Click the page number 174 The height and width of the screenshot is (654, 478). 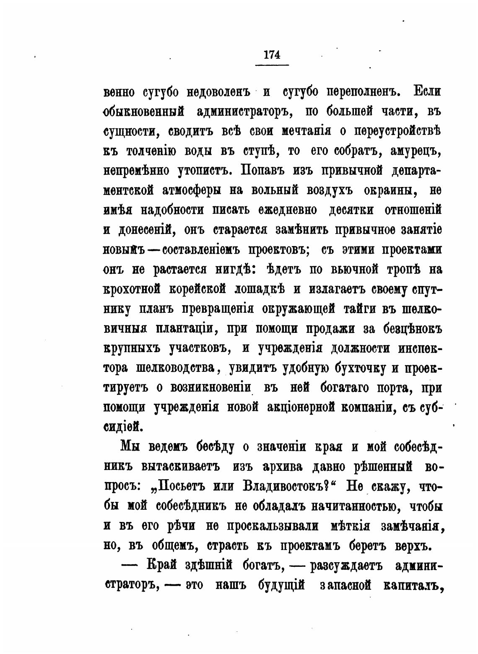272,54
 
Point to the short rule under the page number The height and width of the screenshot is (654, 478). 272,65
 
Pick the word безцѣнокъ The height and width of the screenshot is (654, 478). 413,329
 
